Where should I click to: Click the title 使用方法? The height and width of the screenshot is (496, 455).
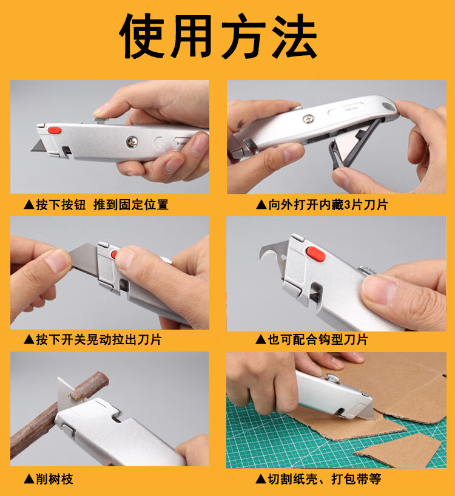[218, 36]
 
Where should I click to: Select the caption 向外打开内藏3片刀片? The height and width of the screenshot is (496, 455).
[322, 205]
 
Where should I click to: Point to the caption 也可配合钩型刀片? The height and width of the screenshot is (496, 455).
[312, 339]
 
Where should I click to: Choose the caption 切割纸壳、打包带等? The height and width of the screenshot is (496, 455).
[318, 479]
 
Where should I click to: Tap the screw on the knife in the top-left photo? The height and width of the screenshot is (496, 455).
[130, 142]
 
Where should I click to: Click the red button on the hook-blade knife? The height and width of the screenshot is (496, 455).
[315, 253]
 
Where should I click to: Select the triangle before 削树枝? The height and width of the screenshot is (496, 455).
[28, 479]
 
